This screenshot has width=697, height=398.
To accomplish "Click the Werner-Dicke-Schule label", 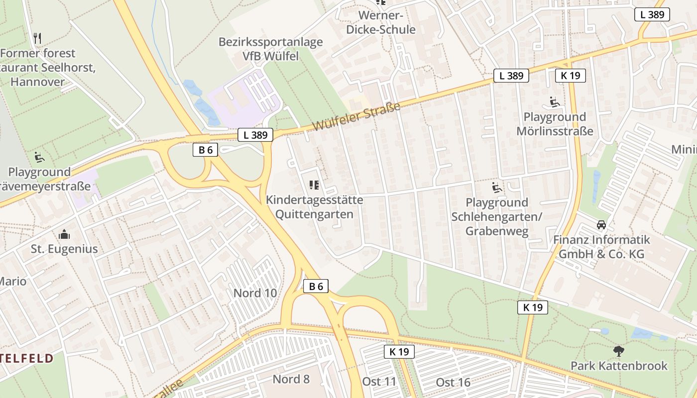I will click(x=387, y=22).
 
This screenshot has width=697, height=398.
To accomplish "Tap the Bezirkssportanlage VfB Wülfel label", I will click(x=270, y=49).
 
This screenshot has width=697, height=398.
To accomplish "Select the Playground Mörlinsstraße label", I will click(x=555, y=124).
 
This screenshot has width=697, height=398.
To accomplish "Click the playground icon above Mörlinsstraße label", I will click(x=555, y=102).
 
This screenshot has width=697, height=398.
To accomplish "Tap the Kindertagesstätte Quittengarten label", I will click(x=315, y=207).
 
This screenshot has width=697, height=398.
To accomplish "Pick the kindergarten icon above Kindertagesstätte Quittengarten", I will click(x=314, y=185).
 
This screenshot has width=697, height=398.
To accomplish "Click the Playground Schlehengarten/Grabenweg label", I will click(x=497, y=217).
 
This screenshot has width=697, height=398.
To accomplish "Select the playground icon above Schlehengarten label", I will click(x=496, y=187).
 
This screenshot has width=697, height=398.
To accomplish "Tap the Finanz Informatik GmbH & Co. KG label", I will click(x=601, y=247).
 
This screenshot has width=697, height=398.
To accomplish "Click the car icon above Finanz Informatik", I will click(x=601, y=225).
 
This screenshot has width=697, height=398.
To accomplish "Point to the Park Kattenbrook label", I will click(x=619, y=366).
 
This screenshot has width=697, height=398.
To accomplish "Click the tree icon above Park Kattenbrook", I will click(x=619, y=351).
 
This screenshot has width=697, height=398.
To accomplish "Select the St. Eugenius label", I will click(x=64, y=249).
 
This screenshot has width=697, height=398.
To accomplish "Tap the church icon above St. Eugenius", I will click(x=64, y=234).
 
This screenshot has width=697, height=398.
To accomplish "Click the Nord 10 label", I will click(x=255, y=293).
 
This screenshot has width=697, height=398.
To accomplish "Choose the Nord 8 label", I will click(x=291, y=379).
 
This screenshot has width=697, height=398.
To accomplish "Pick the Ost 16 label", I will click(x=453, y=382).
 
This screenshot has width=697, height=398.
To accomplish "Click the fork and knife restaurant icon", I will click(x=37, y=38).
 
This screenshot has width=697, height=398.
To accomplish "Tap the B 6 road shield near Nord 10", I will click(x=316, y=286).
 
